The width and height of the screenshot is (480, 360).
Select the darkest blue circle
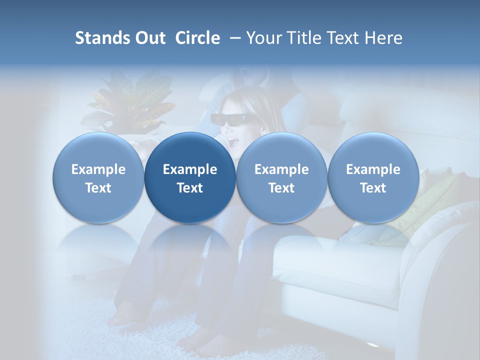point(190,177)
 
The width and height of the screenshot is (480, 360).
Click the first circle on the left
point(98,177)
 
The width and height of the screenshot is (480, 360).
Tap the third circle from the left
point(281,177)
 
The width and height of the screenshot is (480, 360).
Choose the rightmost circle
point(373,177)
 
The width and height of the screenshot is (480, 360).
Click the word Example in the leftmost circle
point(98,169)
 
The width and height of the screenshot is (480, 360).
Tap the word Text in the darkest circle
point(190,188)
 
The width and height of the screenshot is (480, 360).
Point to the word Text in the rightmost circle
point(373,188)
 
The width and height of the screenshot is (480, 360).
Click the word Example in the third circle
point(281,169)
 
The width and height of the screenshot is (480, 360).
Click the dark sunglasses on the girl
point(231,119)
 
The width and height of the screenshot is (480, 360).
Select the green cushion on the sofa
point(430,200)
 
